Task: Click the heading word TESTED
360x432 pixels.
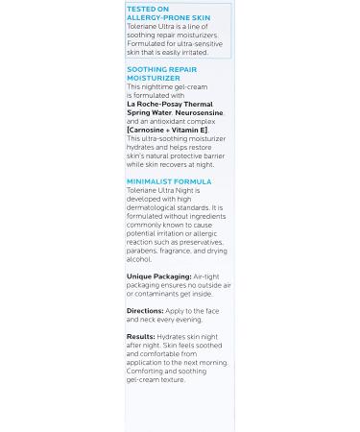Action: pyautogui.click(x=141, y=9)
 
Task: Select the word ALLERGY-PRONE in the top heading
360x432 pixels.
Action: pyautogui.click(x=157, y=16)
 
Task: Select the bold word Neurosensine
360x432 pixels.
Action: pyautogui.click(x=198, y=112)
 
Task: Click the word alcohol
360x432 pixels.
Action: pyautogui.click(x=139, y=259)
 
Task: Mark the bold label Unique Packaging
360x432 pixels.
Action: pyautogui.click(x=158, y=276)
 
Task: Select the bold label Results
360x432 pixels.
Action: pyautogui.click(x=140, y=337)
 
